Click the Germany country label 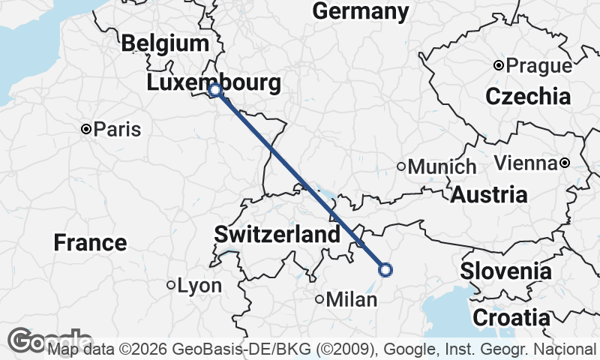point(361,11)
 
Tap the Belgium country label point(164,43)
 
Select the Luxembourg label point(214,82)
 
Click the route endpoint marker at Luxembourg point(215,90)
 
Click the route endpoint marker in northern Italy point(385,270)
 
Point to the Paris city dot point(87,130)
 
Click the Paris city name point(118,130)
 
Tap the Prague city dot point(499,66)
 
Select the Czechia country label point(528,96)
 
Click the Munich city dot point(401,166)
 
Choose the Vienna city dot point(565,163)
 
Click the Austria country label point(489,195)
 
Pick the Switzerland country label point(277,235)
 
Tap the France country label point(90,243)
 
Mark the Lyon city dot point(171,286)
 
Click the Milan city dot point(319,300)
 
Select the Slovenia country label point(506,271)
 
